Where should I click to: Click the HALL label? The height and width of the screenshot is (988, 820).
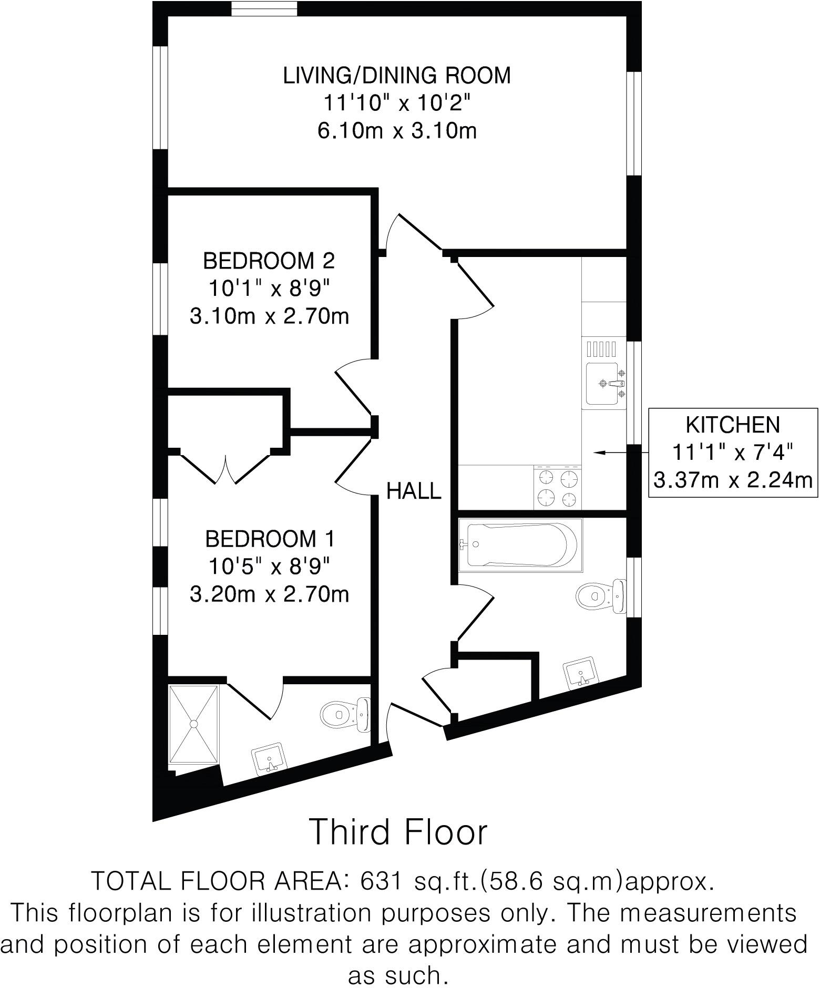(414, 491)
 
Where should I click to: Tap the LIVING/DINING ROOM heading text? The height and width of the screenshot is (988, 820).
(397, 75)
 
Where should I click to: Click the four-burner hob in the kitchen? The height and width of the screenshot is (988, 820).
(558, 488)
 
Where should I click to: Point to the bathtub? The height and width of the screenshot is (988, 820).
(519, 544)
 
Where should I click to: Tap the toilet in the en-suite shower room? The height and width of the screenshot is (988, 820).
(345, 715)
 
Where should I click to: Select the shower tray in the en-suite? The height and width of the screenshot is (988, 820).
(193, 724)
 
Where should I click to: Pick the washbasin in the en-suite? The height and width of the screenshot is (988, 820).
(269, 758)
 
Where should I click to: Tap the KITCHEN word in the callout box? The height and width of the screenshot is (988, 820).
(733, 424)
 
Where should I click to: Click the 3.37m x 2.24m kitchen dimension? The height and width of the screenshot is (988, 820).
(733, 479)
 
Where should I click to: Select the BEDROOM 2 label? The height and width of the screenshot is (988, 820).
(269, 260)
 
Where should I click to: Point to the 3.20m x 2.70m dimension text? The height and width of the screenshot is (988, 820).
(269, 594)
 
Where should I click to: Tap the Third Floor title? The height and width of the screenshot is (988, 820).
(398, 832)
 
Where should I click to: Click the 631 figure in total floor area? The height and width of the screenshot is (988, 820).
(380, 881)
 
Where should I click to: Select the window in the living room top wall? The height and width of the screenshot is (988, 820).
(265, 9)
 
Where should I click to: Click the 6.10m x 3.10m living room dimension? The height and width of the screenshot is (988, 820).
(397, 130)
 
